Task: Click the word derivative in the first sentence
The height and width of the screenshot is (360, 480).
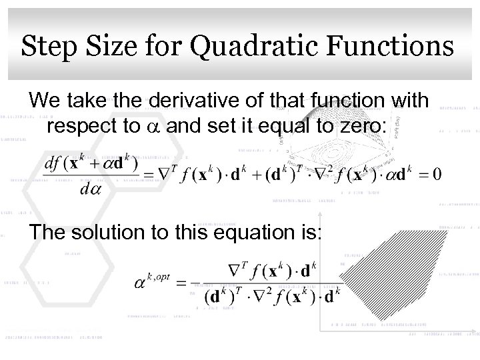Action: [198, 101]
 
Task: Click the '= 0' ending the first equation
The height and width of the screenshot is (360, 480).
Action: [427, 175]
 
